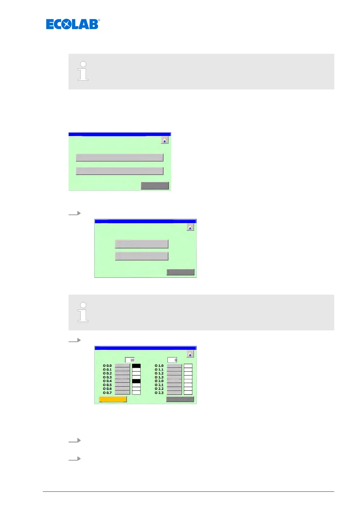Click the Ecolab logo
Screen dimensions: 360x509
[73, 24]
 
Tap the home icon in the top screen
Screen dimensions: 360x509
[164, 140]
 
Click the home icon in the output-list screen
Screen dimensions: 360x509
[190, 354]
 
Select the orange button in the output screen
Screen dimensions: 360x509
[113, 399]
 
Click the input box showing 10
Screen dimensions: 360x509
[130, 360]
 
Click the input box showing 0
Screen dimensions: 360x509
[172, 360]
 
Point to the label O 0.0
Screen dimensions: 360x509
[107, 366]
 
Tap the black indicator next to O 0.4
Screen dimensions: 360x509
[136, 381]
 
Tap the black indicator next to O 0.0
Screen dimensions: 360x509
[136, 366]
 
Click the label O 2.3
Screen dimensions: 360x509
[159, 393]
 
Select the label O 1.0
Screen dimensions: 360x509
[159, 366]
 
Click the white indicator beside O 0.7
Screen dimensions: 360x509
[136, 393]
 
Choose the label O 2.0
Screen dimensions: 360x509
[159, 381]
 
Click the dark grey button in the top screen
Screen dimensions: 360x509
[155, 186]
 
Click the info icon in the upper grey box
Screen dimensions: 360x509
[83, 71]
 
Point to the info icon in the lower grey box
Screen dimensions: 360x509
[83, 312]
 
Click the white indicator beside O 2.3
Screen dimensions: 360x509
[188, 393]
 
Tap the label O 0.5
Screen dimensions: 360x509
[107, 385]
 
